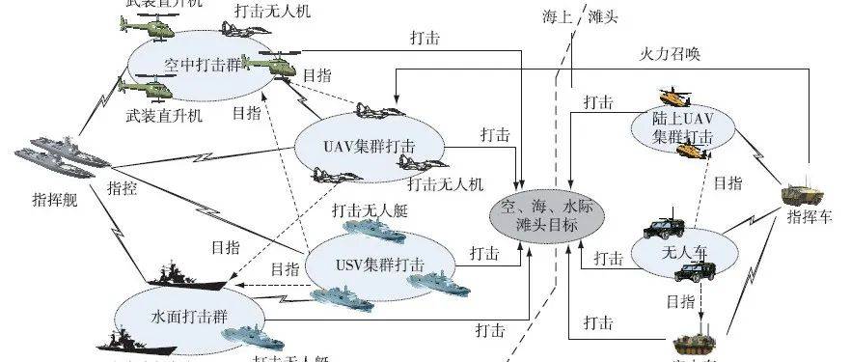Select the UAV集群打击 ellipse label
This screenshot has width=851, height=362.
pos(357,146)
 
